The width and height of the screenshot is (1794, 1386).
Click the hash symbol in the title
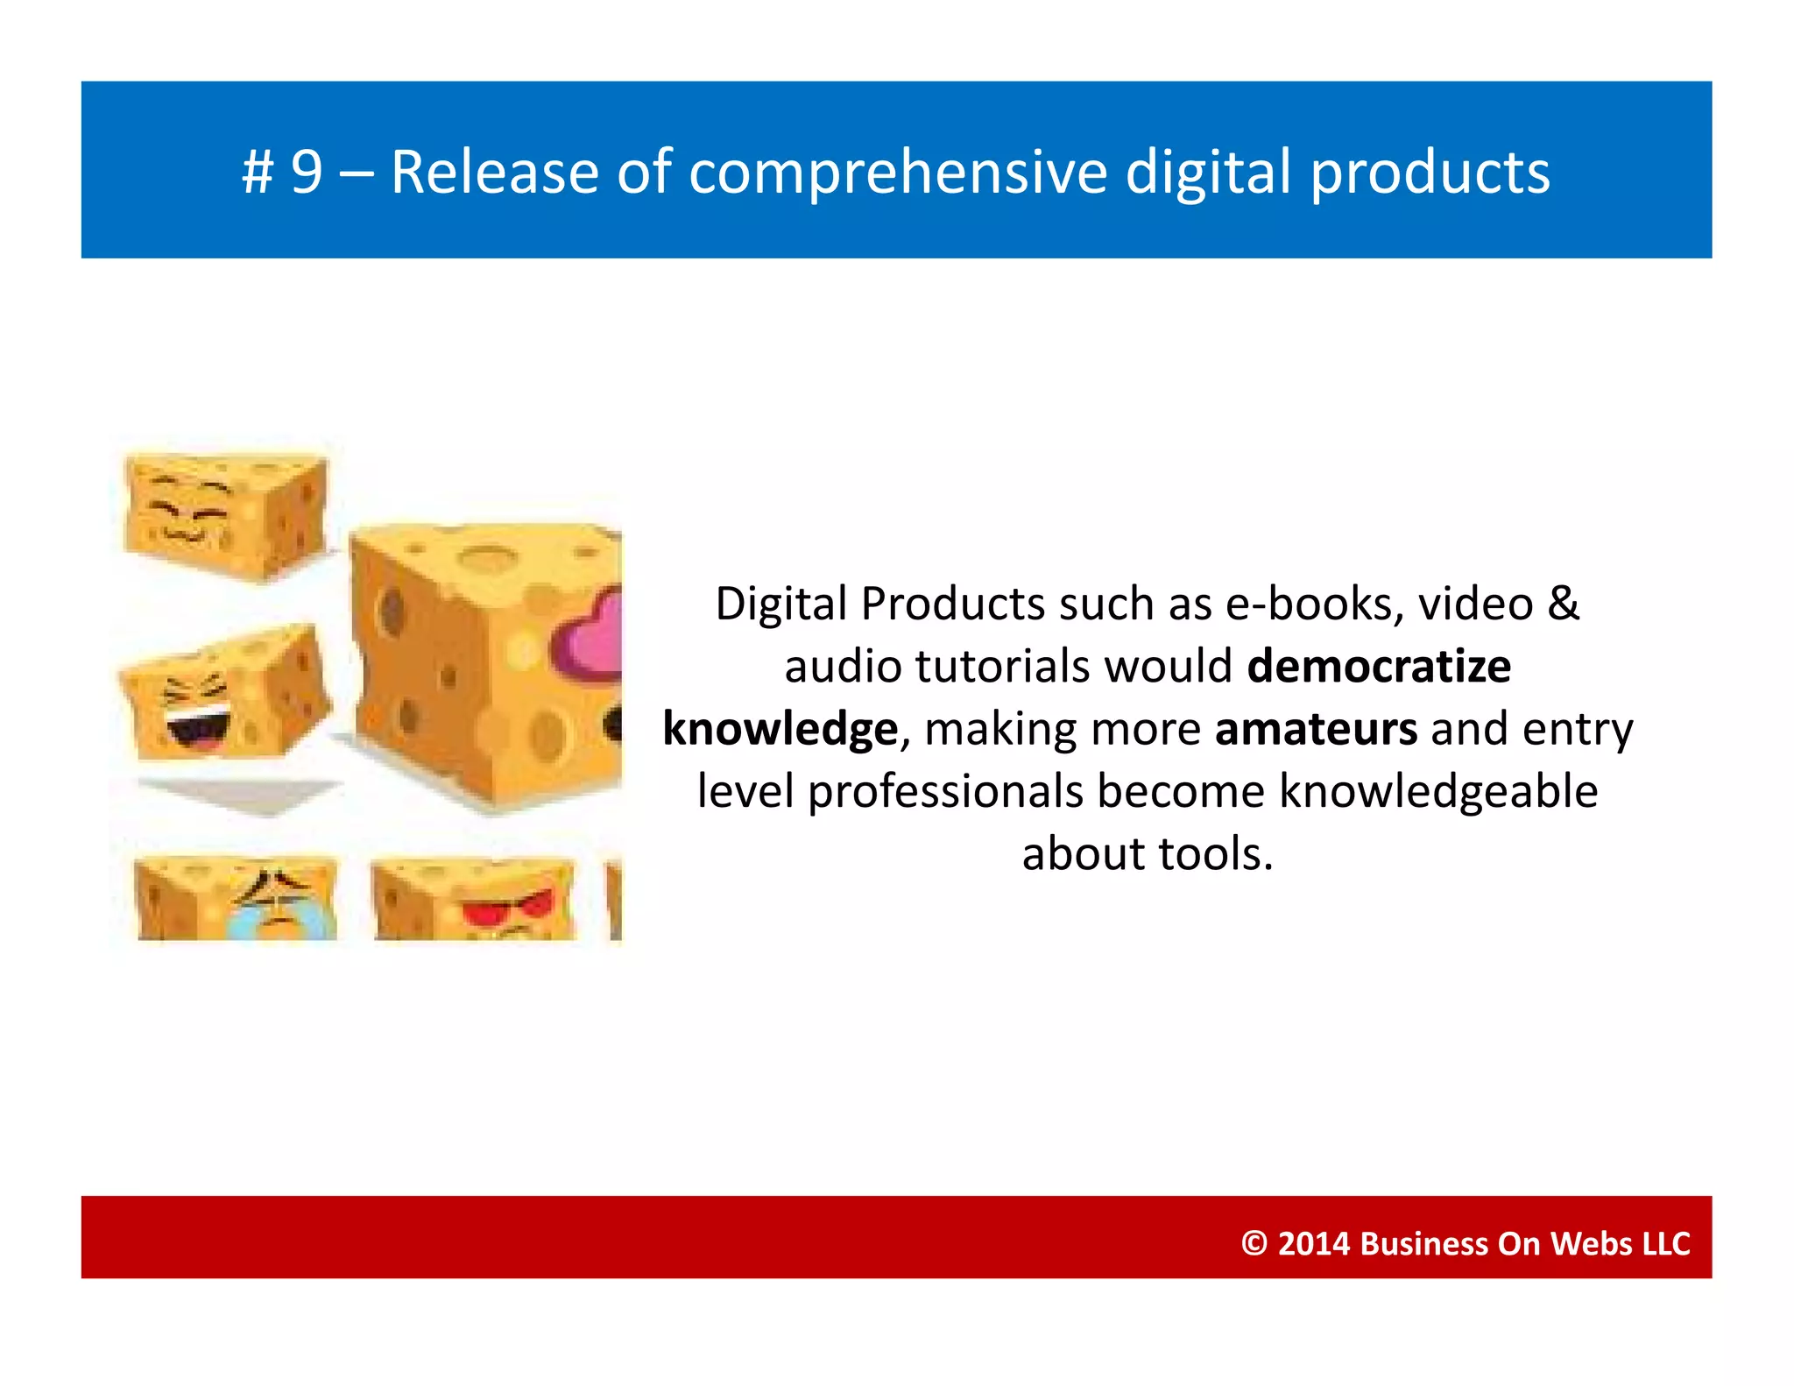(x=258, y=173)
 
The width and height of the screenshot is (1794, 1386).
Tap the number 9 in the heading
(x=307, y=173)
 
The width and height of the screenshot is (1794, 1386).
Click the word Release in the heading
(x=493, y=173)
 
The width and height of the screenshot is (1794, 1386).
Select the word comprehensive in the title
(x=898, y=173)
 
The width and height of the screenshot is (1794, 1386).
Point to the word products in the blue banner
(x=1430, y=173)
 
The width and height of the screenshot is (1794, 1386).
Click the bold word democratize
(x=1379, y=667)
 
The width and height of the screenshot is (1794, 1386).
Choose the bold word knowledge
(x=780, y=729)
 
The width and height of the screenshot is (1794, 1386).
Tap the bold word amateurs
(x=1316, y=729)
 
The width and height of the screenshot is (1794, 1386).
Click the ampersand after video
(x=1564, y=605)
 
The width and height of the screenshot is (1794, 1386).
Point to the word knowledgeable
(x=1438, y=792)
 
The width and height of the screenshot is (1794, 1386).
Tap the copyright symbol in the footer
(x=1254, y=1244)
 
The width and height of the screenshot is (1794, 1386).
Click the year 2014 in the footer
(x=1313, y=1244)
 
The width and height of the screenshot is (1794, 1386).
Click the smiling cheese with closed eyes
(x=226, y=514)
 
